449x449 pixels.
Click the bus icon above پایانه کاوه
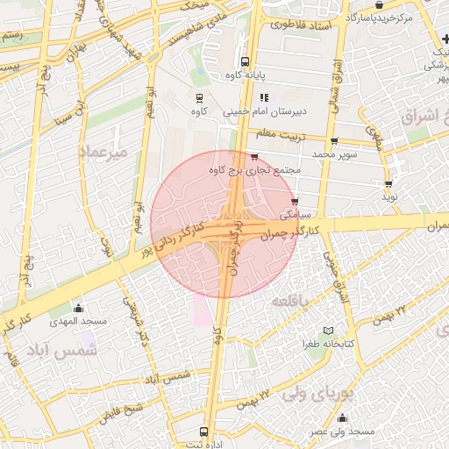coord(245,62)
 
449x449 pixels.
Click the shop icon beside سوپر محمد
coord(334,141)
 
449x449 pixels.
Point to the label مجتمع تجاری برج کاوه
coord(258,169)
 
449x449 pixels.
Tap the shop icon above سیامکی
coord(293,201)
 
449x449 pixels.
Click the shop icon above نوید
coord(388,185)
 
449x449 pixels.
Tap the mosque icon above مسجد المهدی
coord(78,308)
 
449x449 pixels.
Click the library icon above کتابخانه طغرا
coord(328,330)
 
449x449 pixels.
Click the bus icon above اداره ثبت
coord(203,431)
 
